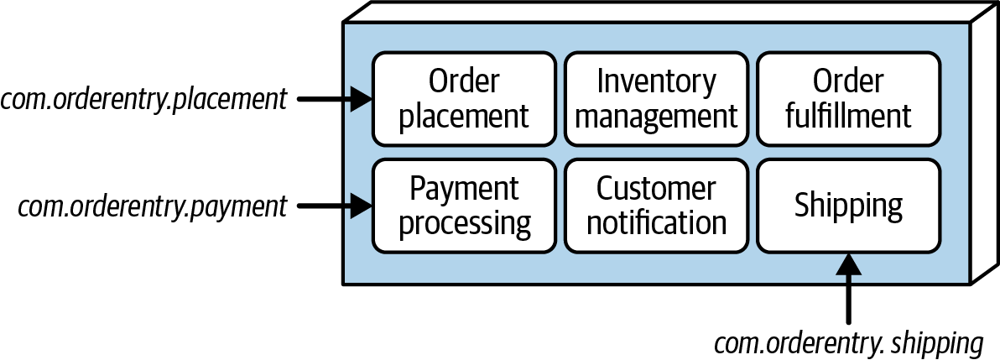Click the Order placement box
[x=464, y=99]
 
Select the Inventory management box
[x=656, y=99]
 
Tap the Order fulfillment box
[x=848, y=99]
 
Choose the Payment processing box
[x=464, y=206]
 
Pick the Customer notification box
[x=656, y=206]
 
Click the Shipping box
[x=848, y=206]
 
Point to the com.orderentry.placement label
[x=143, y=100]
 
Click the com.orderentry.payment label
[x=153, y=206]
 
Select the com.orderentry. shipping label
[x=848, y=344]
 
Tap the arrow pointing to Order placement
[x=335, y=99]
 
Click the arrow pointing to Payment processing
[x=335, y=206]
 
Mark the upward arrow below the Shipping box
[x=848, y=288]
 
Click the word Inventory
[x=656, y=82]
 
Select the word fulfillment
[x=848, y=116]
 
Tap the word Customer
[x=656, y=188]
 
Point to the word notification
[x=656, y=222]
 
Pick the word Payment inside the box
[x=464, y=190]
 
